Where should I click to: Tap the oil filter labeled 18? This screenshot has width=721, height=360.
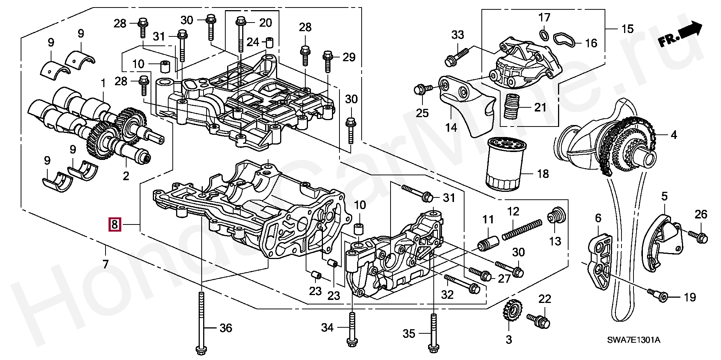pyautogui.click(x=505, y=164)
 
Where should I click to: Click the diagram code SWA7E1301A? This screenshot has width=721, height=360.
pyautogui.click(x=634, y=340)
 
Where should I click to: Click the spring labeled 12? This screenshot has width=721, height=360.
pyautogui.click(x=522, y=229)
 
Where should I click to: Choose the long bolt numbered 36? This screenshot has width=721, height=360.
pyautogui.click(x=201, y=323)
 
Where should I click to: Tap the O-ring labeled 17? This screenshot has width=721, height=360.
pyautogui.click(x=543, y=35)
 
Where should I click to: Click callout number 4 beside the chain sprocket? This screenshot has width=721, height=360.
pyautogui.click(x=674, y=135)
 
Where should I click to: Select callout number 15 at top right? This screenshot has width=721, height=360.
pyautogui.click(x=627, y=29)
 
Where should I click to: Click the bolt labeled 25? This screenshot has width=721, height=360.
pyautogui.click(x=421, y=89)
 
